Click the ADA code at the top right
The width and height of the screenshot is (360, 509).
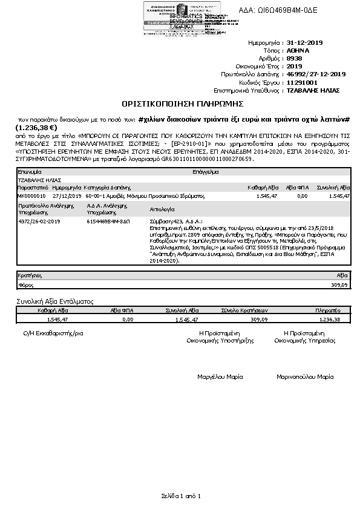286,10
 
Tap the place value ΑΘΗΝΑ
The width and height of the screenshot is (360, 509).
298,51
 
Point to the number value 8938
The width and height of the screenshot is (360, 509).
295,59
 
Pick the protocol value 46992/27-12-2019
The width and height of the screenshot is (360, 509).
316,74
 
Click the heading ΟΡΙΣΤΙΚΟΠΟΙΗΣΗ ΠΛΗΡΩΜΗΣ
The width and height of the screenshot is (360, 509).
180,103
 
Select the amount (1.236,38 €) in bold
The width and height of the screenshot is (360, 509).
36,128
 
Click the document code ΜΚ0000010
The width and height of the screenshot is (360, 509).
31,197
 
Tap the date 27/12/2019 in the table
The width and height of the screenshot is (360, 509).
65,197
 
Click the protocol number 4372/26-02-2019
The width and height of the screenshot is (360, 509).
40,222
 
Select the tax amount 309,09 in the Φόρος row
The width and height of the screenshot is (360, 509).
340,284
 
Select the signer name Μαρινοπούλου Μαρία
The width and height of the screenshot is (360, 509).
305,376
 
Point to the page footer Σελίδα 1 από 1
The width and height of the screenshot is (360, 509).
180,496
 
